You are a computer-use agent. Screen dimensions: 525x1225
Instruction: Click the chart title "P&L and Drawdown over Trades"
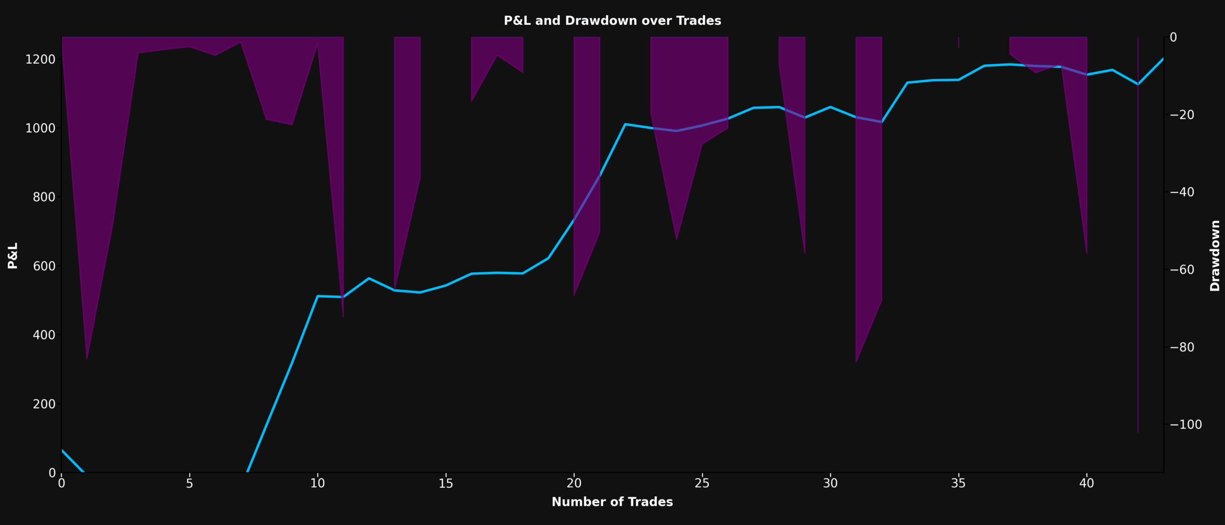(x=612, y=21)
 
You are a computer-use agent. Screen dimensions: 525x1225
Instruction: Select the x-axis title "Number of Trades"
(x=612, y=502)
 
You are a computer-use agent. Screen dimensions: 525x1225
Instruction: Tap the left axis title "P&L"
(x=12, y=255)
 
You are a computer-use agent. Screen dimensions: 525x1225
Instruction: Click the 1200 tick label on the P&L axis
(x=40, y=59)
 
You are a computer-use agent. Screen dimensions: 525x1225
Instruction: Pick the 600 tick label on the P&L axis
(x=44, y=266)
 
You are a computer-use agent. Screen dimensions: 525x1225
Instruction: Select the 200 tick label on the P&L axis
(x=44, y=404)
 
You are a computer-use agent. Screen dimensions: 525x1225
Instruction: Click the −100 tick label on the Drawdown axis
(x=1186, y=424)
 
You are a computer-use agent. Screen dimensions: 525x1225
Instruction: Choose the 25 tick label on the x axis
(x=702, y=483)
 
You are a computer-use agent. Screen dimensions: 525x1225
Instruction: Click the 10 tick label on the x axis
(x=317, y=483)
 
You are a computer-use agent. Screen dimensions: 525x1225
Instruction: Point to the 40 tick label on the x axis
(x=1087, y=483)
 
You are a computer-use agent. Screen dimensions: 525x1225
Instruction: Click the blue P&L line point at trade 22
(x=625, y=124)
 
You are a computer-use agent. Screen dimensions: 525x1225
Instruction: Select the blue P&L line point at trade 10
(x=318, y=296)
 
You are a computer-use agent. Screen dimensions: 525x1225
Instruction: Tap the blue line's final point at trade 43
(x=1163, y=59)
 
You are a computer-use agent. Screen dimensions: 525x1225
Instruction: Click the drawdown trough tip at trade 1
(x=87, y=358)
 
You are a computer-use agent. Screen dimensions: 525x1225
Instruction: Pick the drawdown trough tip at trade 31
(x=856, y=362)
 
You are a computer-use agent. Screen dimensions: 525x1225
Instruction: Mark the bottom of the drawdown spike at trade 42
(x=1138, y=432)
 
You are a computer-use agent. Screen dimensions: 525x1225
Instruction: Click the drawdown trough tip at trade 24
(x=677, y=240)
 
